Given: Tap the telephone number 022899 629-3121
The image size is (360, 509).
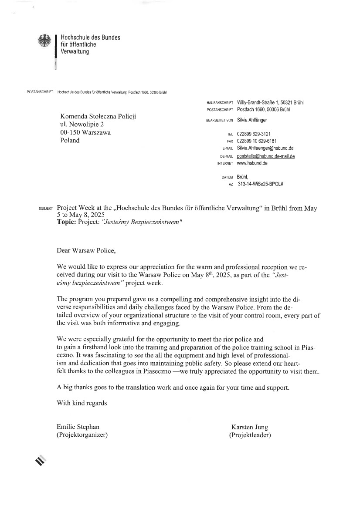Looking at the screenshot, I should point(257,134).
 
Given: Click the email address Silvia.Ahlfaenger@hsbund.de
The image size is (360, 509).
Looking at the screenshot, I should point(265,148).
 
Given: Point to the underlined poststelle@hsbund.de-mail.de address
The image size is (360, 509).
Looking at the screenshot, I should point(266,156).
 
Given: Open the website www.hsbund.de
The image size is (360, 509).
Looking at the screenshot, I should point(252,163).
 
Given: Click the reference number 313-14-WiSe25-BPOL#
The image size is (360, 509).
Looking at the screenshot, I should point(261,184).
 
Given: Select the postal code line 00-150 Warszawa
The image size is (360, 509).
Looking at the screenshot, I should point(85,132).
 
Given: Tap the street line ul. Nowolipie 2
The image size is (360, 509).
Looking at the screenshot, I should point(82,125).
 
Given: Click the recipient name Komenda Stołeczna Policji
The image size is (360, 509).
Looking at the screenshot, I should point(98,116).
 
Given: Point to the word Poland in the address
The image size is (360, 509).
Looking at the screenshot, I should point(70,140).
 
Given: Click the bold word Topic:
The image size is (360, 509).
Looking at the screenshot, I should point(67,222).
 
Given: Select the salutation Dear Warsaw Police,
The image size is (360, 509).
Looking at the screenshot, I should point(87,250).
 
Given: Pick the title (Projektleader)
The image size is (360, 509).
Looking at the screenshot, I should point(250,435).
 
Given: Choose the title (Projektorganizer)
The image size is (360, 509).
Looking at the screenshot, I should point(82,435).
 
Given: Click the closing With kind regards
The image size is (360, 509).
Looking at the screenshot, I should point(82,403).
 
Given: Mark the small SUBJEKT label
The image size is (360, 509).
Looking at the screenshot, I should point(46,209).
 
